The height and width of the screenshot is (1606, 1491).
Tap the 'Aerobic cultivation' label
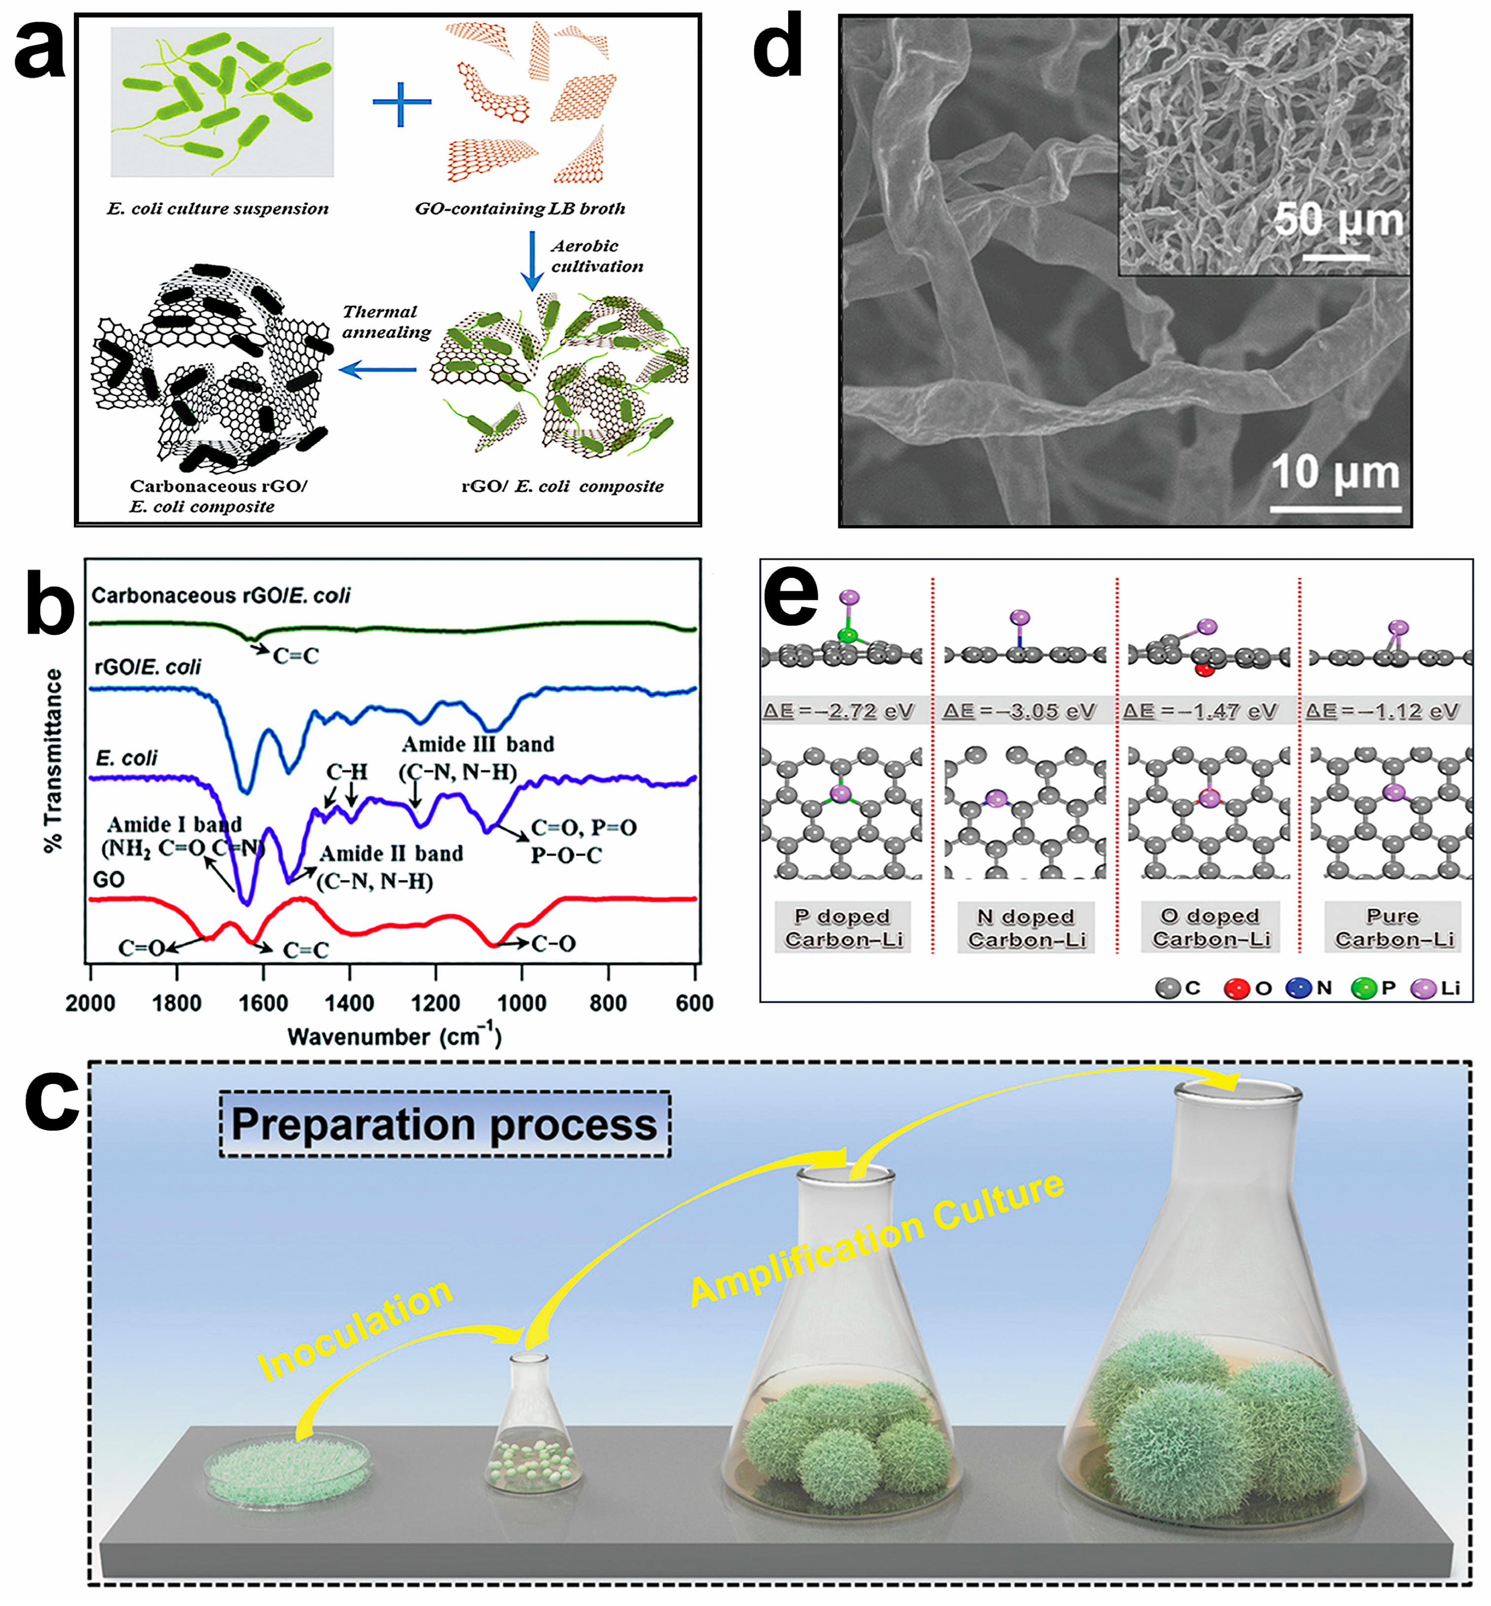click(x=596, y=256)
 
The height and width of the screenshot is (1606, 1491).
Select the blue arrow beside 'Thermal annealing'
click(x=378, y=370)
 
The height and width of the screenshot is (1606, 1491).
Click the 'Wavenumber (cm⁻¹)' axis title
click(x=394, y=1036)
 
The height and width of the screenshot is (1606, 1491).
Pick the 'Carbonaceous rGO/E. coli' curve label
click(x=220, y=596)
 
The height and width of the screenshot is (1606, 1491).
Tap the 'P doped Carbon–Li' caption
click(x=842, y=928)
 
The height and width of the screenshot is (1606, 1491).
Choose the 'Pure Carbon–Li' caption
click(x=1393, y=928)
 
